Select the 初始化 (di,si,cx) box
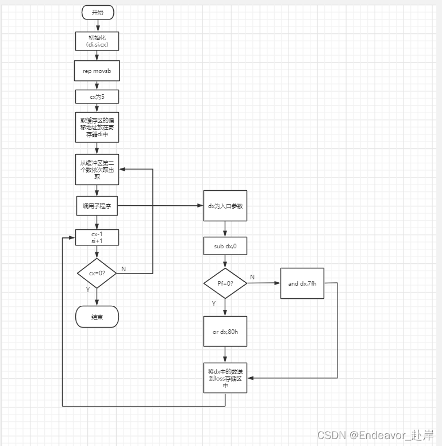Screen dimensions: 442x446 coord(97,41)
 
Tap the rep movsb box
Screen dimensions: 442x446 coord(97,71)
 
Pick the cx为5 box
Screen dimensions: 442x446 coord(97,97)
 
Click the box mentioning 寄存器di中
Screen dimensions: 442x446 coord(97,128)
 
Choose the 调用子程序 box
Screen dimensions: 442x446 coord(97,206)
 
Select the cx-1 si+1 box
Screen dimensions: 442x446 coord(97,237)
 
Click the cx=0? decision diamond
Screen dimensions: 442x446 coord(97,273)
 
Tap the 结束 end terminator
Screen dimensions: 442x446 coord(97,317)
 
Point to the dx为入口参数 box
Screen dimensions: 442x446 coord(225,205)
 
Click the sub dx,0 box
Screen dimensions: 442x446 coord(225,245)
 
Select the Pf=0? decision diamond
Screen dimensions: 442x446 coord(225,283)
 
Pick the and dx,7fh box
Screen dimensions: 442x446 coord(302,283)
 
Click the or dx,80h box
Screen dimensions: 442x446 coord(225,331)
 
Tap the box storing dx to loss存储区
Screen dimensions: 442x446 coord(225,378)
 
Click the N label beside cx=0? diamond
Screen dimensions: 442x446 coord(123,268)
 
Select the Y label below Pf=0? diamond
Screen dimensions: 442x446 coord(213,303)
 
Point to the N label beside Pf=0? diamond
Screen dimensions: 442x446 coord(252,277)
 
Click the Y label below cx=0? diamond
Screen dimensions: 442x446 coord(87,290)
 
